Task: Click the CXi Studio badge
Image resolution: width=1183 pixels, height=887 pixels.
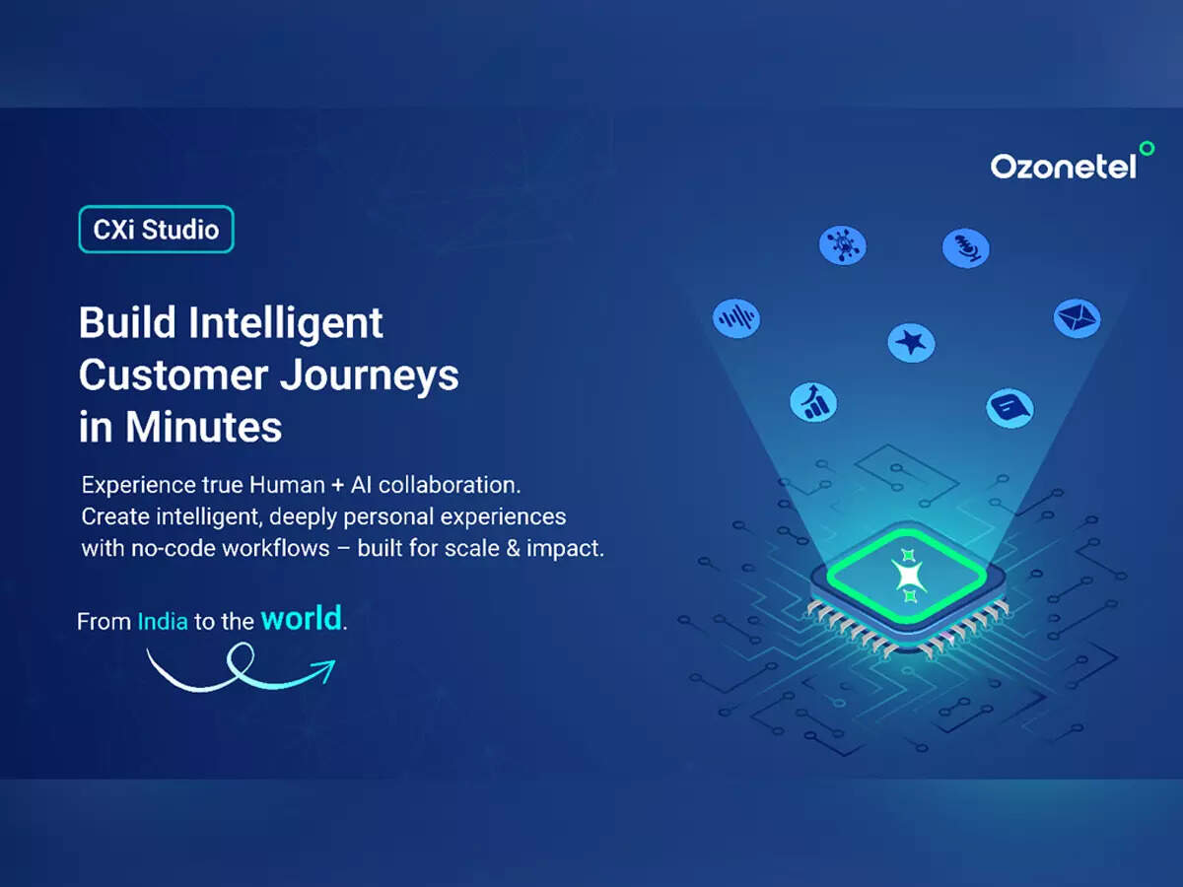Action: point(157,230)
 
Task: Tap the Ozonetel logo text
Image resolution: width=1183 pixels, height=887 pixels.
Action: point(1064,167)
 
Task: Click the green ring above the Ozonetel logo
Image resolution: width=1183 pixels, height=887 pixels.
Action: point(1147,148)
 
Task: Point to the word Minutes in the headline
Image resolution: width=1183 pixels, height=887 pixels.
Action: point(204,427)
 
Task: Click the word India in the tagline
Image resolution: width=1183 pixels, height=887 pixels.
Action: point(163,622)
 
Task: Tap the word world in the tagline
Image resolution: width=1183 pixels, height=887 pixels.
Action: point(302,618)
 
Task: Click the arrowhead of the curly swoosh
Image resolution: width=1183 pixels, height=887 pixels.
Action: point(325,669)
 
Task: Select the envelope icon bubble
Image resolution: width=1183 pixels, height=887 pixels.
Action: point(1077,318)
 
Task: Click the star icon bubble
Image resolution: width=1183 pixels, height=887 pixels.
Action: point(911,343)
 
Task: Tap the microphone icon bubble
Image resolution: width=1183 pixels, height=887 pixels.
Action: point(966,248)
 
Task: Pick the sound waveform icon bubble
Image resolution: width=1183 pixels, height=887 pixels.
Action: point(736,318)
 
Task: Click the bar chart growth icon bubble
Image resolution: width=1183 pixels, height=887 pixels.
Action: point(813,402)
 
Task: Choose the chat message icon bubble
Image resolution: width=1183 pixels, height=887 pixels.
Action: point(1010,408)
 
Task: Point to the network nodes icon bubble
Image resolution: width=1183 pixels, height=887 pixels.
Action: point(843,245)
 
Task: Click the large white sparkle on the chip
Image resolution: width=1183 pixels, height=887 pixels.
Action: point(909,576)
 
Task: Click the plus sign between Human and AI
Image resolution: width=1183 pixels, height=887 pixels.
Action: point(338,486)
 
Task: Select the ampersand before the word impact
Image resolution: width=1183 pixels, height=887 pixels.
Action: point(513,549)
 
